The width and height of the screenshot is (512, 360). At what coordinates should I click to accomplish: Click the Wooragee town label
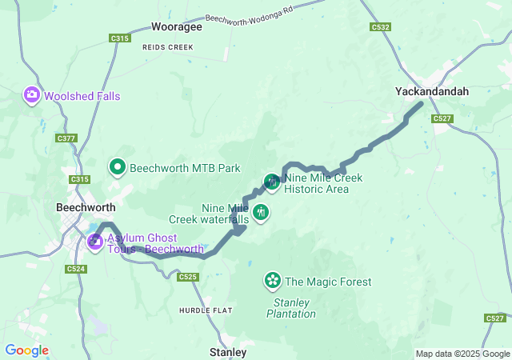point(176,26)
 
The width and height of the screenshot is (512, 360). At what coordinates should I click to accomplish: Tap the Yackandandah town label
point(432,92)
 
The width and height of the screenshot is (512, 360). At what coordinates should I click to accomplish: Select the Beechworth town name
point(87,206)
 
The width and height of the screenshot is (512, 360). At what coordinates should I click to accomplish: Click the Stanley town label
point(227,351)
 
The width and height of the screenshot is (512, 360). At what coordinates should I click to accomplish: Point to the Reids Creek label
point(168,47)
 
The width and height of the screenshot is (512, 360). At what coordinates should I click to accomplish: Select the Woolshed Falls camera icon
point(32,95)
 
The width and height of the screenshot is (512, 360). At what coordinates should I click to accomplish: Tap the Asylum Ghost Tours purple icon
point(95,241)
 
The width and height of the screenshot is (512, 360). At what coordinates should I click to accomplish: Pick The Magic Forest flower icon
point(273,281)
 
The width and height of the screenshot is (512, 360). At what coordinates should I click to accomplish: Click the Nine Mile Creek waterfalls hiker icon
point(261,213)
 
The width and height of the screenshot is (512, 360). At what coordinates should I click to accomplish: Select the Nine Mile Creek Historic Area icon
point(272,182)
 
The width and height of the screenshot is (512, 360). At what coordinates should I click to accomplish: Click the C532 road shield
point(380,27)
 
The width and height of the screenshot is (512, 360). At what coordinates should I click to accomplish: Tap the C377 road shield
point(66,138)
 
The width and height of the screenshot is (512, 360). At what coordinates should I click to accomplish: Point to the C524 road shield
point(75,269)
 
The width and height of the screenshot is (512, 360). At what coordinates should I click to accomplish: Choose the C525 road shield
point(188,277)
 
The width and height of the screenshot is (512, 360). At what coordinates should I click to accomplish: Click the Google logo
point(26,350)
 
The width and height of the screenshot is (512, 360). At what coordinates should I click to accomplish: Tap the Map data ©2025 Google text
point(462,354)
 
